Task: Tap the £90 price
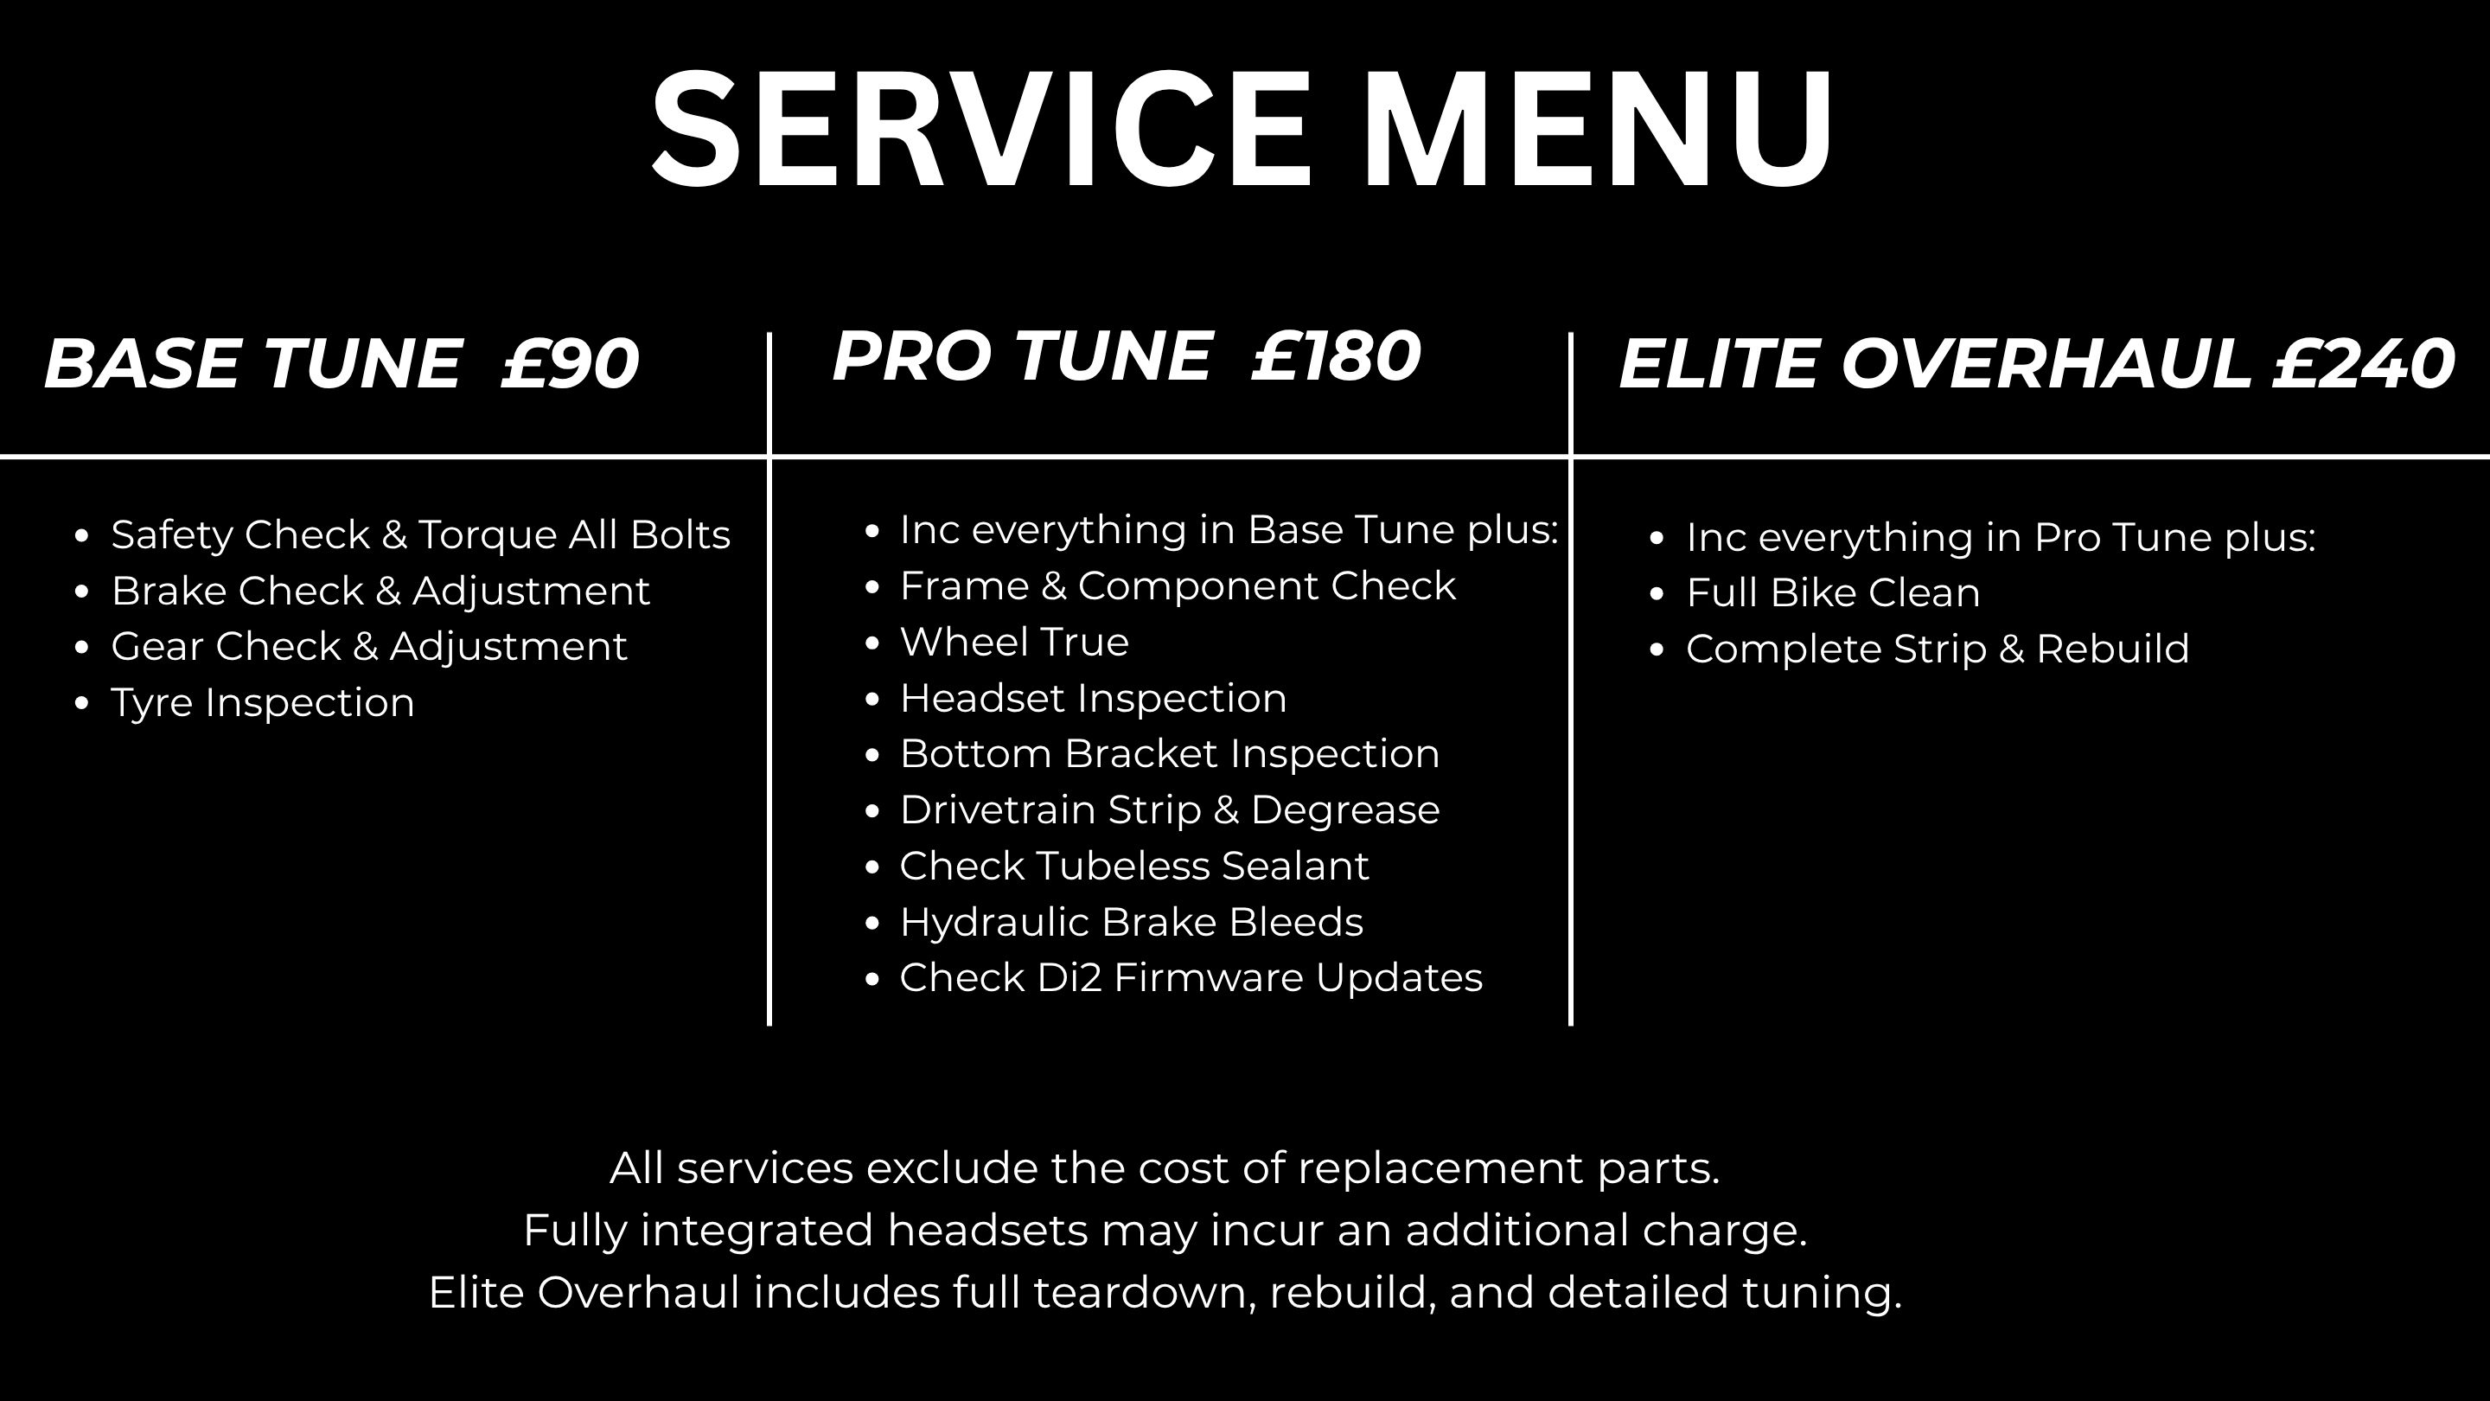point(571,364)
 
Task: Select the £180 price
point(1336,357)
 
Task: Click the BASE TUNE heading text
point(252,364)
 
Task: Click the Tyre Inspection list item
point(263,703)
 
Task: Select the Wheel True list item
point(1014,642)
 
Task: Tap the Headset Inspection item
point(1093,698)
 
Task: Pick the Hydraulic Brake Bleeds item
point(1131,923)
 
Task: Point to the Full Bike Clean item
point(1833,592)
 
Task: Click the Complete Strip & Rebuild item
point(1937,649)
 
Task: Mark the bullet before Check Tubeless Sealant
point(873,867)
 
